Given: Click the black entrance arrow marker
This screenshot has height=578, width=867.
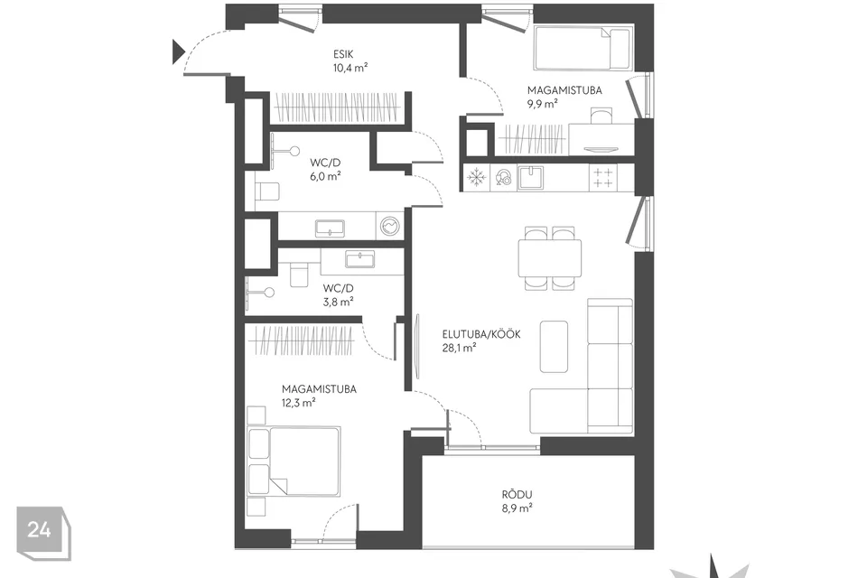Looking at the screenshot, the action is pos(178,51).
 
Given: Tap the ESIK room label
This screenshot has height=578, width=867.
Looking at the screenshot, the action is pos(343,54).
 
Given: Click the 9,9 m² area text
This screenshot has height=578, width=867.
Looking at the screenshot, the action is pos(542,104).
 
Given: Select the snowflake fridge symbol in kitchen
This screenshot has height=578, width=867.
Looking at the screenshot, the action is pos(475,178).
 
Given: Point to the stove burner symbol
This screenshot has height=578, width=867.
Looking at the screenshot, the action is pos(602,178).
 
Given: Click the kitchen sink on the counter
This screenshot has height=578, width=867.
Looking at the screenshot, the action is pos(530,178).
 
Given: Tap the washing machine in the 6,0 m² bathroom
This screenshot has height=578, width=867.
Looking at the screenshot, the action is pos(389,226).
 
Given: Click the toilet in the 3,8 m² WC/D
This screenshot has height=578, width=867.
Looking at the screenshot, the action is pos(299,275).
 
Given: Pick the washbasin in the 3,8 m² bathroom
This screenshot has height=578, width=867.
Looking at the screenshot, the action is pos(360,259).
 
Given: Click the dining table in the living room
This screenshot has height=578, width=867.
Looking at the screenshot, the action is pos(550,257).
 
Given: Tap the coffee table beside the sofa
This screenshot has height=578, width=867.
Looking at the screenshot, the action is pos(554,346).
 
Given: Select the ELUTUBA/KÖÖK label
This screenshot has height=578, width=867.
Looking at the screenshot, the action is pos(481,334).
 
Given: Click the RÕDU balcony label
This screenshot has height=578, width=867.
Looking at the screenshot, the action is pos(517,495).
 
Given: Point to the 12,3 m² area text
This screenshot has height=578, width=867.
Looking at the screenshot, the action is pos(299,403).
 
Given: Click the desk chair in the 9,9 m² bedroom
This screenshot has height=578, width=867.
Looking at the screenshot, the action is pos(601,116).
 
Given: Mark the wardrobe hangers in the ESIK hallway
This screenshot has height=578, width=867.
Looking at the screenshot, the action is pos(337,107).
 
